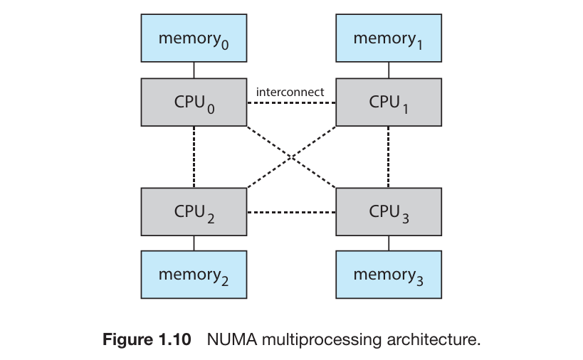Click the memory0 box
(194, 38)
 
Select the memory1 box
(389, 38)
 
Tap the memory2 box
(194, 275)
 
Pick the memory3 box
(389, 275)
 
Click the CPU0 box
(194, 102)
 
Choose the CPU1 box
(389, 102)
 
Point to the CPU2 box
(194, 212)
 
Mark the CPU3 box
(389, 212)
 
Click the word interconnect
(290, 92)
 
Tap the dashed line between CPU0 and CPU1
(291, 102)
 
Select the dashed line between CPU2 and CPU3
(291, 212)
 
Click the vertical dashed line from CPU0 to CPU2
(194, 157)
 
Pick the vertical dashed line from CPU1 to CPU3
(389, 157)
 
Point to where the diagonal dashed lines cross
(291, 157)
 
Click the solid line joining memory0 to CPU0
(194, 70)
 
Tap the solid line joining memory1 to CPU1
(389, 70)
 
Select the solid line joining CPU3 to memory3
(389, 243)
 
